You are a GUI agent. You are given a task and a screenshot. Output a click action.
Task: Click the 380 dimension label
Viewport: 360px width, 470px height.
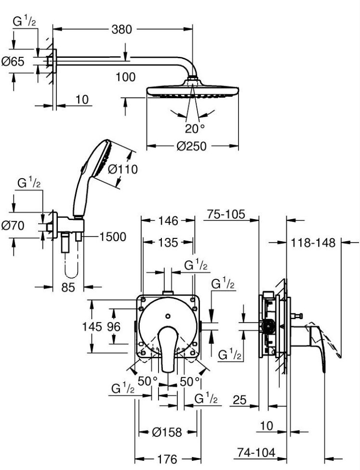click(x=121, y=29)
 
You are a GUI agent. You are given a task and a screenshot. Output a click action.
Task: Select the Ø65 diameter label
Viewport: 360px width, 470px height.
click(x=13, y=62)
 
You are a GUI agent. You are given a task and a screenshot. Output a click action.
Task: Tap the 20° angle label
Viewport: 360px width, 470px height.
click(x=195, y=129)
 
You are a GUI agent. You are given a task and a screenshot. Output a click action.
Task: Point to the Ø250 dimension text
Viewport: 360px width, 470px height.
click(x=192, y=146)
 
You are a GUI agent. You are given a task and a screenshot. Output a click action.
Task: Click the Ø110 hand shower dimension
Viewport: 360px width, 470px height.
click(x=122, y=170)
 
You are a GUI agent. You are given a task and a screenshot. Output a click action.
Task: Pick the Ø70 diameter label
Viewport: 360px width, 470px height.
click(x=13, y=225)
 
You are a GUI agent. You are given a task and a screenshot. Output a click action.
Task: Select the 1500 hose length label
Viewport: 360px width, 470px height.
click(x=113, y=237)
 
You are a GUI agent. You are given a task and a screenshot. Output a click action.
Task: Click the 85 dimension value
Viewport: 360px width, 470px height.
click(x=68, y=287)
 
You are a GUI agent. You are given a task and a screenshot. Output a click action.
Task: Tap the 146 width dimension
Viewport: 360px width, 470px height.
click(x=168, y=221)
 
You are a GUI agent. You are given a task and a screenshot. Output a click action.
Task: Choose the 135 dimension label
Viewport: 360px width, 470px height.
click(x=168, y=243)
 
